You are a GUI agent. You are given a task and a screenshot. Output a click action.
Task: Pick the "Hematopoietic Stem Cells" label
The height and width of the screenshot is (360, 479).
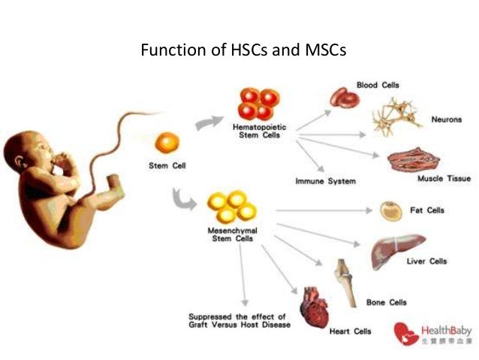pyautogui.click(x=260, y=132)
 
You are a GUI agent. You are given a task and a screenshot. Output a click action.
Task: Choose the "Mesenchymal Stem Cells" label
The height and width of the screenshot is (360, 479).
pyautogui.click(x=228, y=234)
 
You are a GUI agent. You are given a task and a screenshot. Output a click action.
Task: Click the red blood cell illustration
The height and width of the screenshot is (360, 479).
pyautogui.click(x=345, y=98)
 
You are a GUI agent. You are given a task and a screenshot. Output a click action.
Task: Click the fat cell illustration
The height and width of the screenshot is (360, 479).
pyautogui.click(x=390, y=210)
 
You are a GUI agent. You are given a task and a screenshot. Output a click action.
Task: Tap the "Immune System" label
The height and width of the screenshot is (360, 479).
pyautogui.click(x=325, y=181)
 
